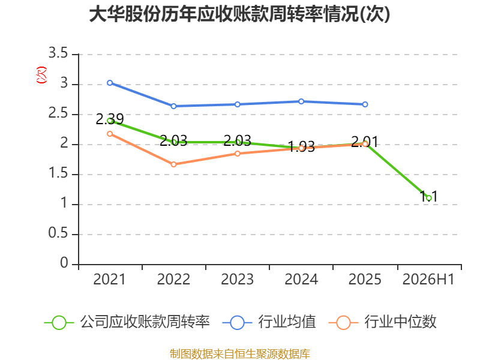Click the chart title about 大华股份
(x=239, y=14)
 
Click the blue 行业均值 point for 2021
(x=110, y=83)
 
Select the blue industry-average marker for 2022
(x=173, y=106)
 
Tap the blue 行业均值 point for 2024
(x=301, y=101)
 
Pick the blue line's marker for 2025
(x=365, y=104)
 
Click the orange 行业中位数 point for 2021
(x=110, y=134)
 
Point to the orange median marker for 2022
(x=173, y=164)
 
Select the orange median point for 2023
(x=238, y=154)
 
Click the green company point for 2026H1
(x=429, y=198)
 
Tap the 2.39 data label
(x=110, y=119)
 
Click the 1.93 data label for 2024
(x=301, y=146)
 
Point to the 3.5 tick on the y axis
(x=58, y=53)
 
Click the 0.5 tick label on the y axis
(x=58, y=233)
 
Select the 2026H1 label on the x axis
(x=428, y=279)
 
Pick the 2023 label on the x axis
(x=238, y=279)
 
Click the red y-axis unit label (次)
(x=41, y=75)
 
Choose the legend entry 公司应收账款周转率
(x=127, y=322)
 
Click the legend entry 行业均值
(x=269, y=322)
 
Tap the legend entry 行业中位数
(x=382, y=322)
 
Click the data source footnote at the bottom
(x=240, y=354)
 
